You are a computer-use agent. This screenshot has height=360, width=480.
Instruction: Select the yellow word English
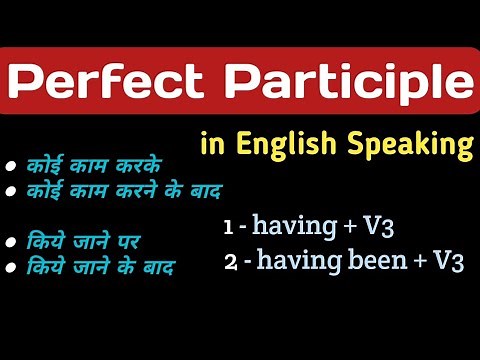pos(282,146)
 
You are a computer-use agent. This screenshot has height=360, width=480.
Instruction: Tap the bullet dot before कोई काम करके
pos(10,165)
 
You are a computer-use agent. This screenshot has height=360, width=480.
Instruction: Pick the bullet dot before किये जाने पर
pos(10,240)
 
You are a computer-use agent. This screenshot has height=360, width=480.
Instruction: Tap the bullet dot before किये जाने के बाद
pos(10,267)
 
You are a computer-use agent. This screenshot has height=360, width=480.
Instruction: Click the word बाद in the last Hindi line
pos(158,267)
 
